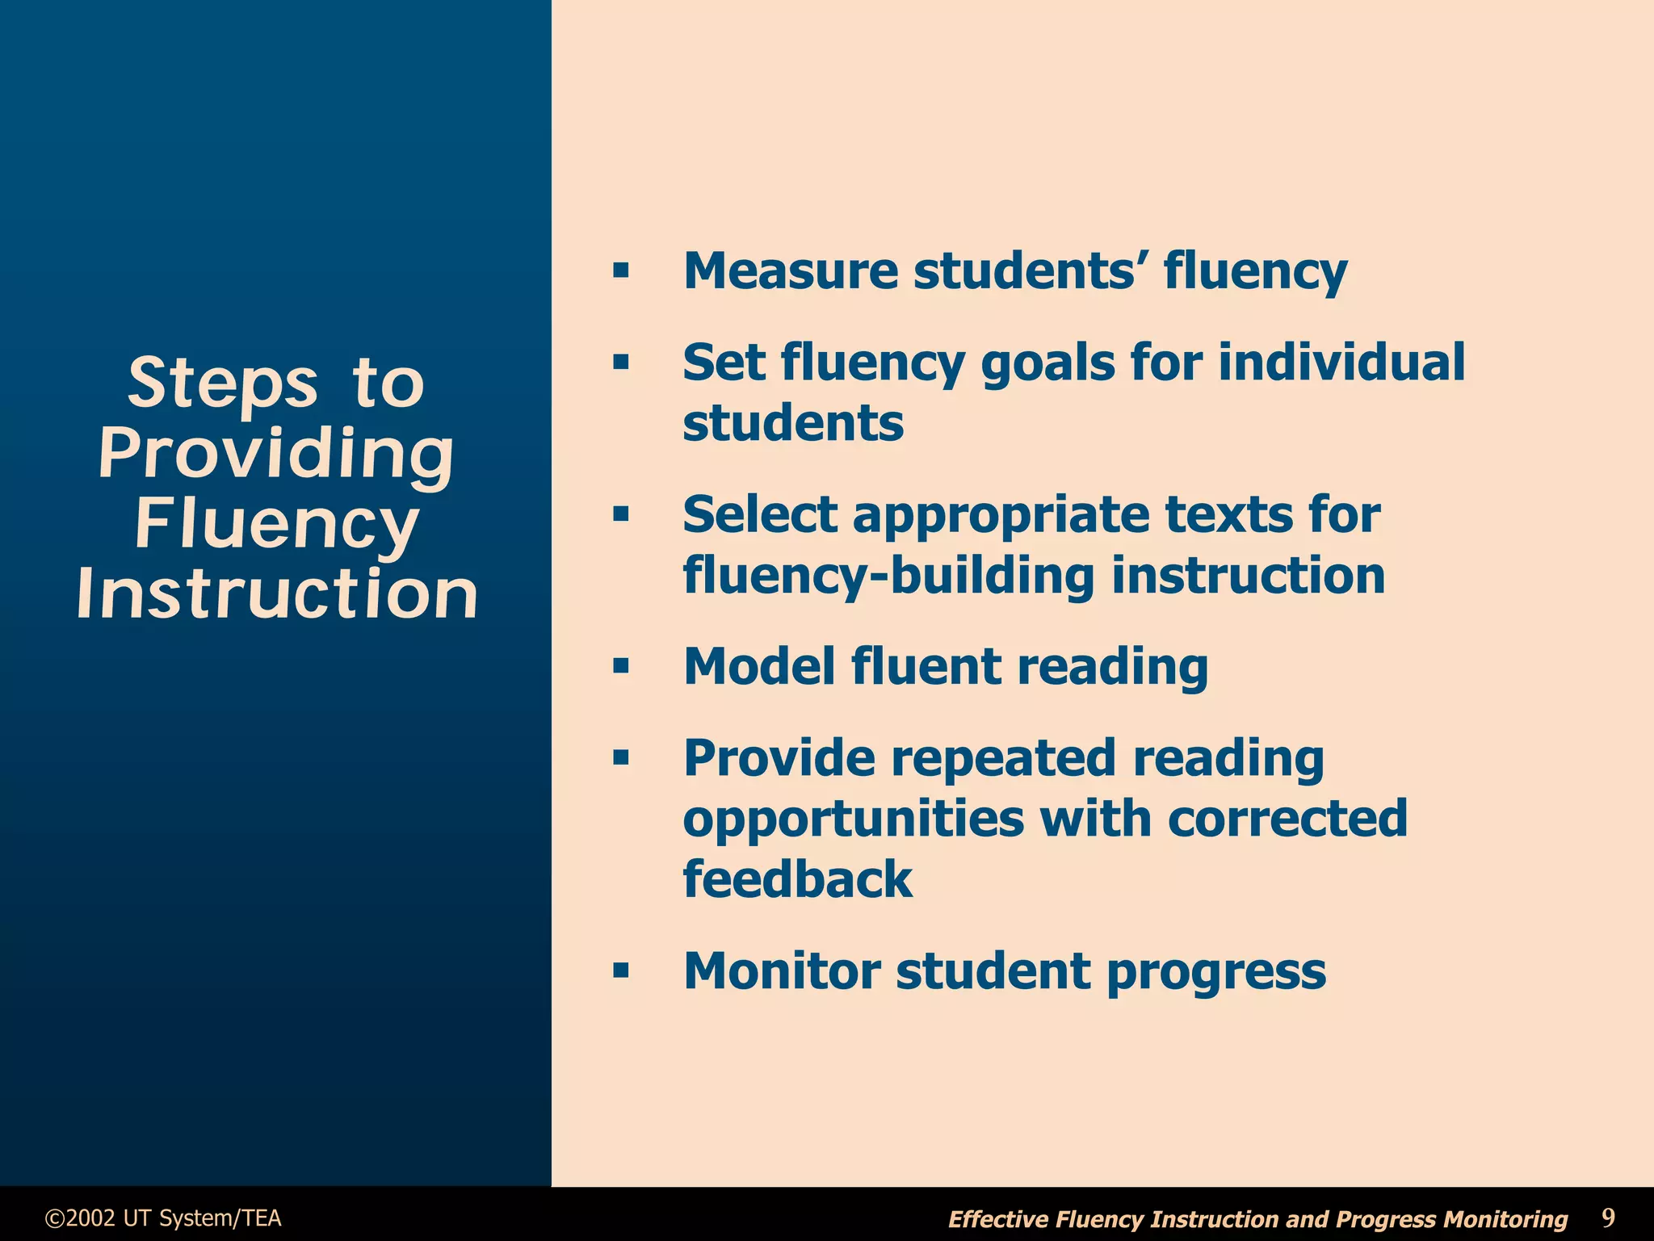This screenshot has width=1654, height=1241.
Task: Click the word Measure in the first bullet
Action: coord(790,270)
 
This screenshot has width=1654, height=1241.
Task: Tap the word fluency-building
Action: coord(889,576)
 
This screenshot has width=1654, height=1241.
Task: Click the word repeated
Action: coord(1004,758)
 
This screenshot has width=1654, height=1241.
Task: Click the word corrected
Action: coord(1287,819)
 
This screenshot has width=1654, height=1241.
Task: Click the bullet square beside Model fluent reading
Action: coord(620,667)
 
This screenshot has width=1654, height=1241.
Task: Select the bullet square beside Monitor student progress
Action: coord(620,971)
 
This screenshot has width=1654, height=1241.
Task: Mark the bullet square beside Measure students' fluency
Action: coord(620,270)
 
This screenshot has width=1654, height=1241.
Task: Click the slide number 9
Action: coord(1608,1217)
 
